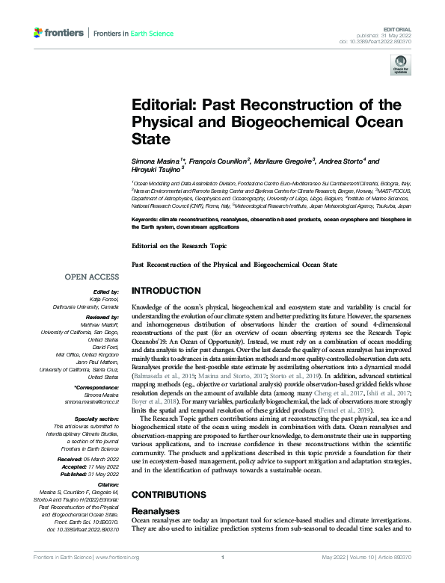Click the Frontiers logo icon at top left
point(39,33)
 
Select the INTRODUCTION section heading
point(166,290)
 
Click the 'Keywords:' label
point(146,219)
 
